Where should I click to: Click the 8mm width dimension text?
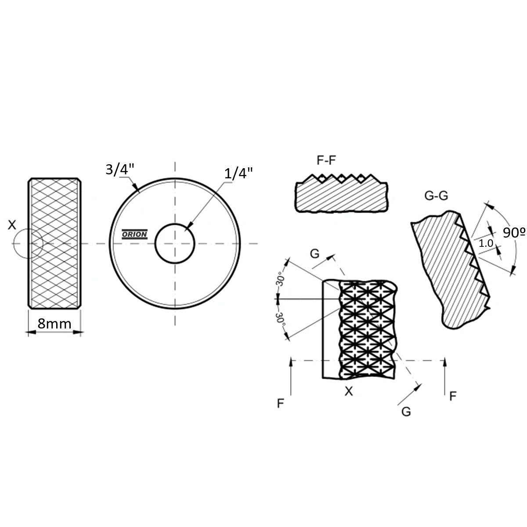pyautogui.click(x=54, y=324)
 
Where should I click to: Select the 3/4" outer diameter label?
pyautogui.click(x=120, y=169)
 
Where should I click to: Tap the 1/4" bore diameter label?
pyautogui.click(x=238, y=173)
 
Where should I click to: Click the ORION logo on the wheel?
pyautogui.click(x=134, y=234)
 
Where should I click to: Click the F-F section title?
pyautogui.click(x=326, y=160)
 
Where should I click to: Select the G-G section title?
pyautogui.click(x=436, y=196)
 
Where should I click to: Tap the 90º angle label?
pyautogui.click(x=514, y=232)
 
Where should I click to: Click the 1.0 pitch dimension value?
pyautogui.click(x=486, y=243)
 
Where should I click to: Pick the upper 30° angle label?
pyautogui.click(x=281, y=279)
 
